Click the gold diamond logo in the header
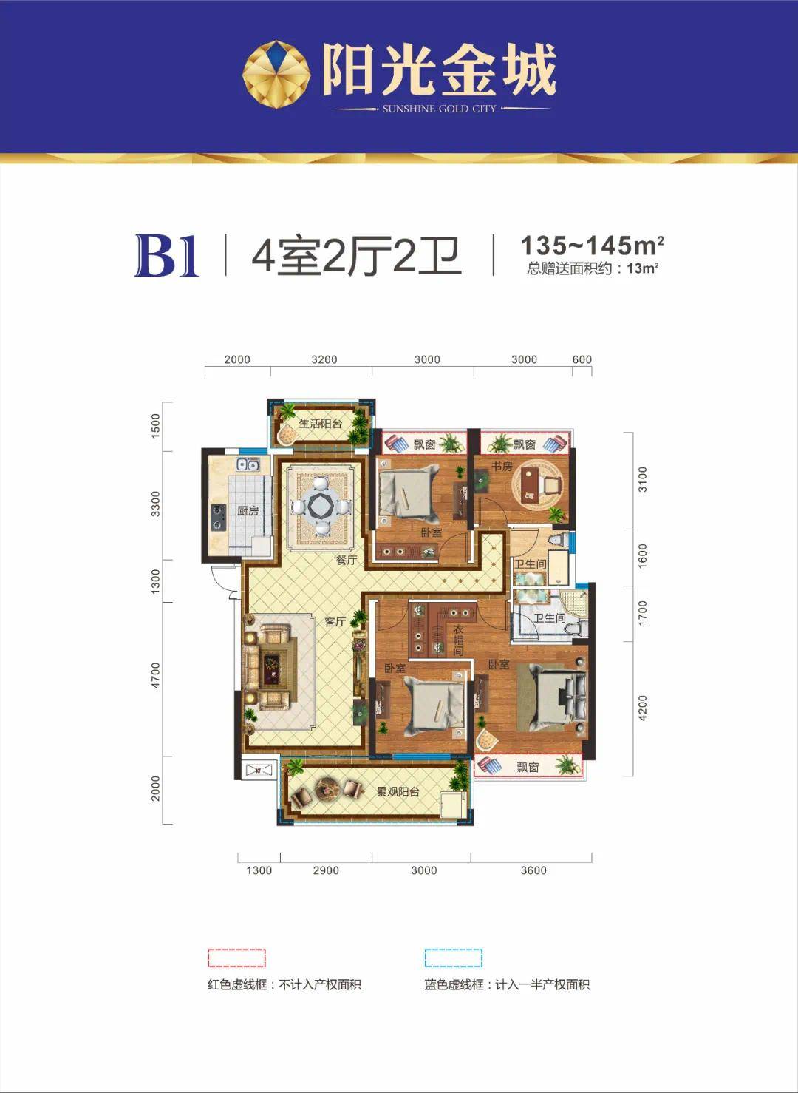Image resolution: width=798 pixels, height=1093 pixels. [276, 75]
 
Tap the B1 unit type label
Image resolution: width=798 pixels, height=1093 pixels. [167, 256]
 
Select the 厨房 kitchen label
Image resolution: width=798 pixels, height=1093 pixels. [248, 511]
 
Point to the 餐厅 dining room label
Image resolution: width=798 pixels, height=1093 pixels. [347, 560]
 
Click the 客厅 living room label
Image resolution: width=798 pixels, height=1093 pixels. [335, 622]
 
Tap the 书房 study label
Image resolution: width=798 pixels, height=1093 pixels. [502, 467]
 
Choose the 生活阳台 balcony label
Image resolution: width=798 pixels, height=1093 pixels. [320, 424]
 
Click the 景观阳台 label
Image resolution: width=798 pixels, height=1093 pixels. [398, 792]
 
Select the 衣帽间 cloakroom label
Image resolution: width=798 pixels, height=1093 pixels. [458, 640]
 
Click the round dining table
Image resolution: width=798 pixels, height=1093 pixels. [321, 507]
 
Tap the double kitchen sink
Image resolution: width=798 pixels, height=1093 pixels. [248, 464]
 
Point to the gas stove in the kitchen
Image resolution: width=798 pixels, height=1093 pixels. [218, 517]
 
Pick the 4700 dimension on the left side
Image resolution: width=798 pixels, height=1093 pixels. [155, 674]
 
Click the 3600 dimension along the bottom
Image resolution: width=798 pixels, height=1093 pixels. [533, 870]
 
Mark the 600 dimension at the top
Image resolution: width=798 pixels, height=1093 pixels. [582, 359]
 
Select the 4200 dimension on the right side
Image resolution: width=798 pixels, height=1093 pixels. [642, 708]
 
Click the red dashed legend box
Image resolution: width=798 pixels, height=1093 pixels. [236, 958]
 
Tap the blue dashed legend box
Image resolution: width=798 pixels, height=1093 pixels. [453, 958]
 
